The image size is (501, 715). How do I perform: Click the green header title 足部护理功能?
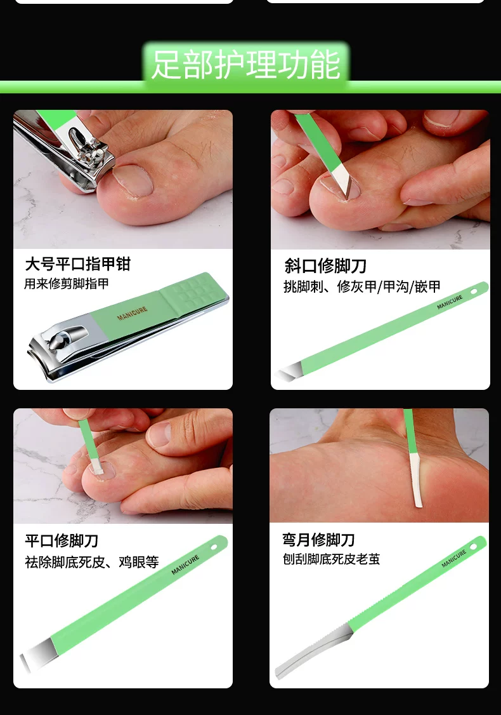[246, 65]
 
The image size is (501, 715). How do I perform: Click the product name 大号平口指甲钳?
[78, 264]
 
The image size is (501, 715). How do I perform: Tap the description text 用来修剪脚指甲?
[67, 284]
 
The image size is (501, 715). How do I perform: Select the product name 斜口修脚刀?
[325, 265]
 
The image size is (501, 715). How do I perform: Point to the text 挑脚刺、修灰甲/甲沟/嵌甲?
[362, 286]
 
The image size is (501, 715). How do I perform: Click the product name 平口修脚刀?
[62, 541]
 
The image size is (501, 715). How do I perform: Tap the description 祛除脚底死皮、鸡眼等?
[91, 562]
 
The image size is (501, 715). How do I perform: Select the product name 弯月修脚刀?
[318, 540]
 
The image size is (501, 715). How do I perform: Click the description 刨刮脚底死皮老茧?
[331, 559]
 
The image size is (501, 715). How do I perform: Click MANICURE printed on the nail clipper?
[132, 313]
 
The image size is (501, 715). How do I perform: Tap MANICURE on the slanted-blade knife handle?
[450, 302]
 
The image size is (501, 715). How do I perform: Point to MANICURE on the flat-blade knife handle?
[185, 565]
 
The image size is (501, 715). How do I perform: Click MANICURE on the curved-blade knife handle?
[453, 559]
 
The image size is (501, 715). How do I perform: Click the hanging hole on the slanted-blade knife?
[474, 291]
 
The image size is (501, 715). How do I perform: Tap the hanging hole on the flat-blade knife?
[214, 546]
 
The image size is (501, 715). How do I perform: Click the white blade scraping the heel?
[415, 479]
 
